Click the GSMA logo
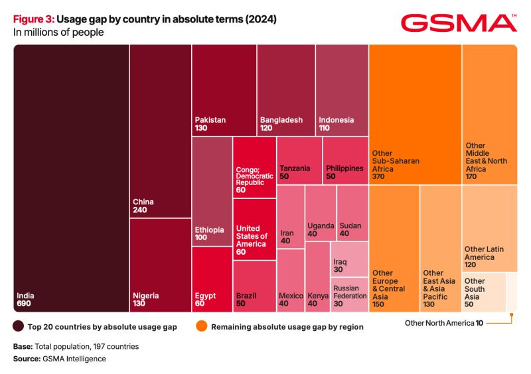(459, 23)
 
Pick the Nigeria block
(160, 265)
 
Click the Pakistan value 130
(202, 129)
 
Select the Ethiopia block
(212, 192)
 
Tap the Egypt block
(212, 279)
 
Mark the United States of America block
(254, 229)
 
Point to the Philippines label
(344, 168)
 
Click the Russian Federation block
(349, 294)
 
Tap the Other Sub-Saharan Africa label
(396, 161)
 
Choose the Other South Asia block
(483, 292)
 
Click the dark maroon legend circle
(19, 326)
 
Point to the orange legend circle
(200, 326)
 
